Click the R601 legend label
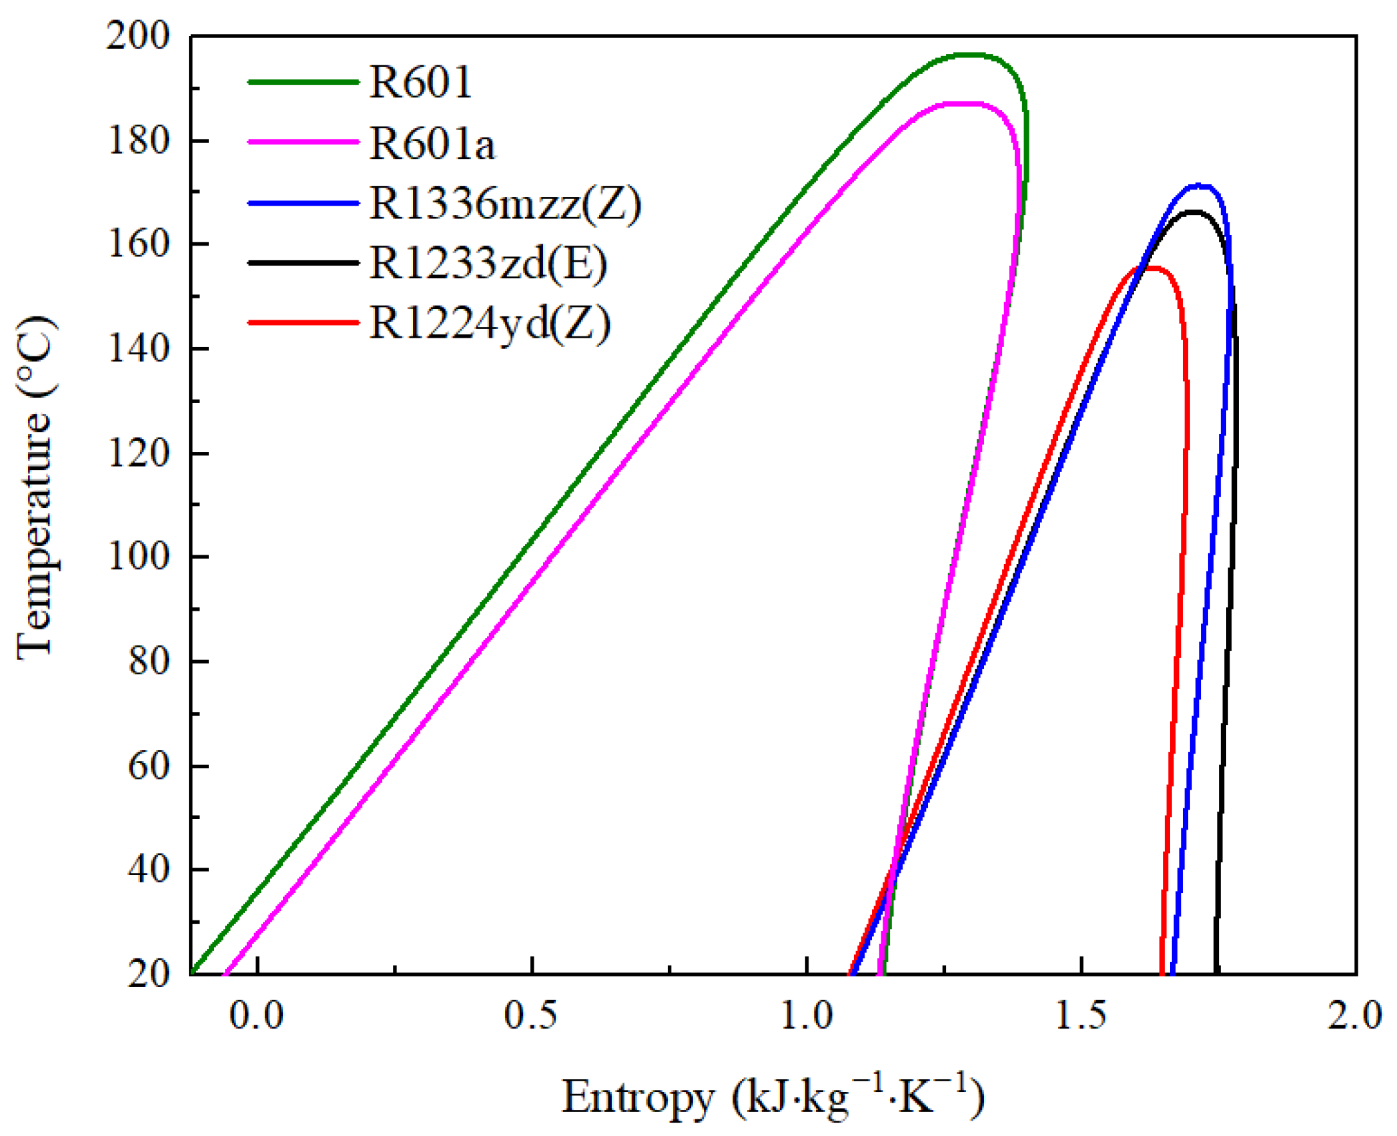point(420,83)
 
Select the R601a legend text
point(432,144)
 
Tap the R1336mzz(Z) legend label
point(505,204)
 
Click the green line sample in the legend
point(304,83)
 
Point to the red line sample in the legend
point(304,323)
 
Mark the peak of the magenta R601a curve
point(961,103)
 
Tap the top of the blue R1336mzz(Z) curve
point(1199,186)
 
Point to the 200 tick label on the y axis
point(138,36)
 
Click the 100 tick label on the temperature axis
point(138,557)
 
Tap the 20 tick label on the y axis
point(148,974)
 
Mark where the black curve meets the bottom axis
point(1217,972)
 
